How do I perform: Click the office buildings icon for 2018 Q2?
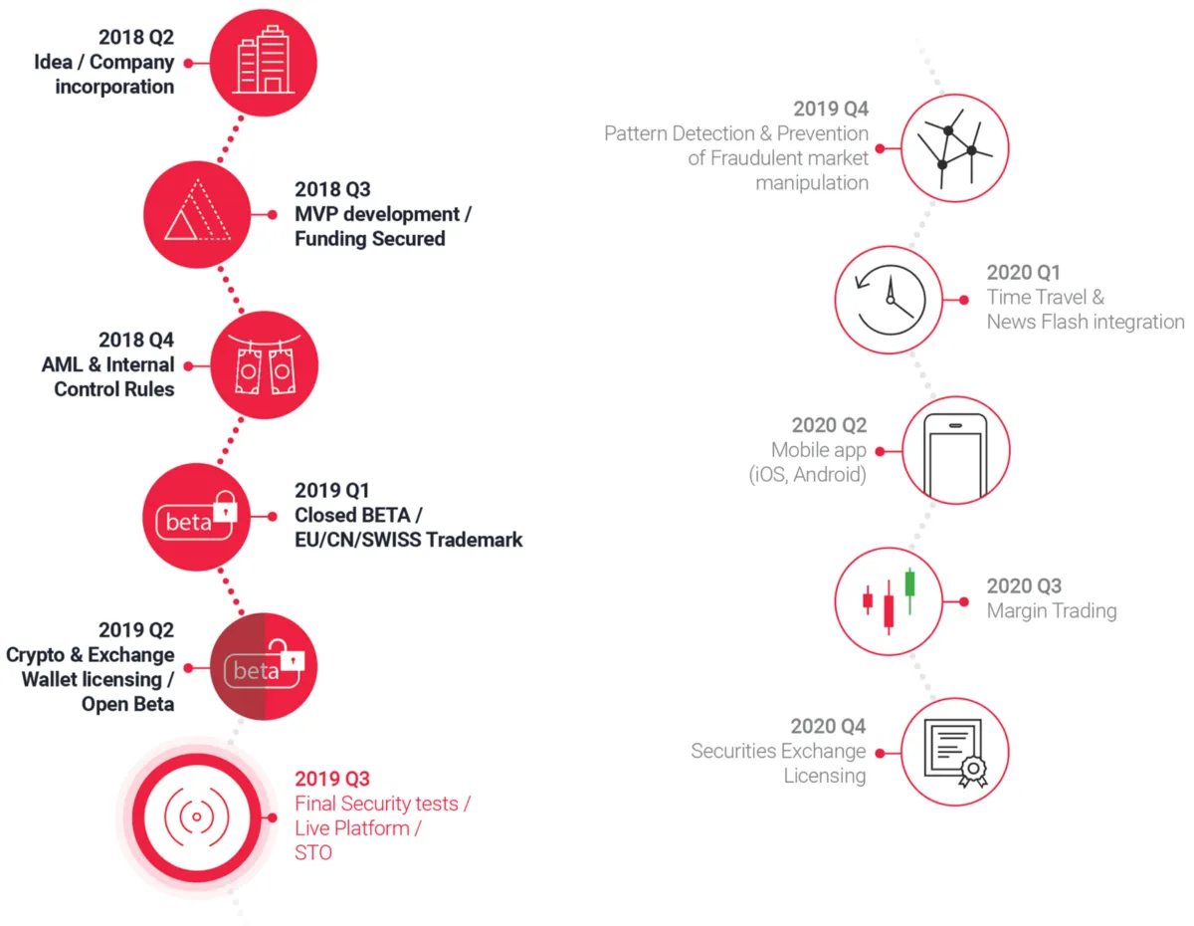pos(264,60)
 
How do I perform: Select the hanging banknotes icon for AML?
pos(265,364)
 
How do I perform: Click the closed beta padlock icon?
pos(225,506)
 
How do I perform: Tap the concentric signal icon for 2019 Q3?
pos(197,816)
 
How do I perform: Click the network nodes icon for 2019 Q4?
pos(955,148)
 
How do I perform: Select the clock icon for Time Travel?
pos(891,301)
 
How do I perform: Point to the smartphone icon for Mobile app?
pos(955,454)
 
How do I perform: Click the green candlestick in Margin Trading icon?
pos(909,590)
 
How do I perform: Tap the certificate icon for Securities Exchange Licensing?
pos(955,753)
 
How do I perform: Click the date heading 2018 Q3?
pos(332,189)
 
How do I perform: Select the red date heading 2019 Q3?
pos(332,779)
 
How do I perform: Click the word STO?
pos(313,853)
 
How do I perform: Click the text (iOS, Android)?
pos(807,475)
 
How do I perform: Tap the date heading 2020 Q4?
pos(828,727)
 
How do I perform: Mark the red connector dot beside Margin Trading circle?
pos(964,602)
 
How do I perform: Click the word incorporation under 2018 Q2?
pos(114,87)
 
